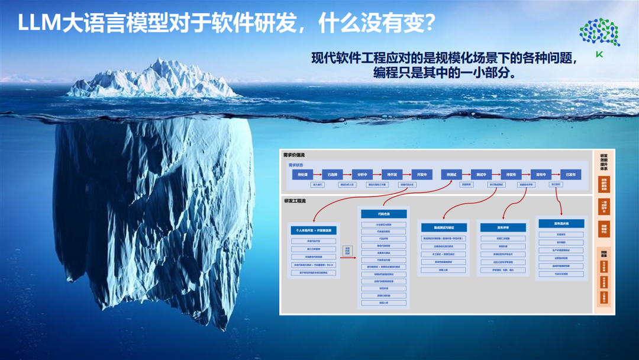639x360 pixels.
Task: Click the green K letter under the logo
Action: point(599,54)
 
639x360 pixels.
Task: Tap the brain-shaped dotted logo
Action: point(599,32)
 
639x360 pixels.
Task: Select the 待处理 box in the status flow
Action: point(302,175)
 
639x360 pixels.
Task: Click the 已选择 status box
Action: point(333,175)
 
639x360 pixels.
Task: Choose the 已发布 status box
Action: point(570,175)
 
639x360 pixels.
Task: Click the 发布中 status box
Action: point(541,175)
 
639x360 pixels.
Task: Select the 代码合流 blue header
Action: point(383,214)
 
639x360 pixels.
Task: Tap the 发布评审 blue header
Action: point(504,227)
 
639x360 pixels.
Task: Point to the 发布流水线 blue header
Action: point(561,224)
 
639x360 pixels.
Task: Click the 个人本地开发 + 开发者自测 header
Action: point(314,230)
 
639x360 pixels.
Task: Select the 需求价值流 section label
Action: point(294,155)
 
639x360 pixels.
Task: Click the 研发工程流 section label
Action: point(295,201)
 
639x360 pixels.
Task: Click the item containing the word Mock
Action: point(314,265)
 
